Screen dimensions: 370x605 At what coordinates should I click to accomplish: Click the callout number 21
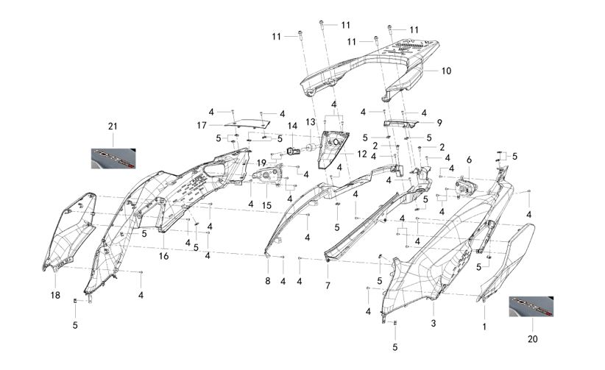(x=113, y=127)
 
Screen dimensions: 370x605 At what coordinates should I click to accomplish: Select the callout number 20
(x=532, y=339)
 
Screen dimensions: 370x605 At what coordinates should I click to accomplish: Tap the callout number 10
(x=447, y=71)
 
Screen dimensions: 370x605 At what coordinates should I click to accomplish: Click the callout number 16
(x=163, y=256)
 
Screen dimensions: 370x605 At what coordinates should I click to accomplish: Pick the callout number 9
(x=439, y=122)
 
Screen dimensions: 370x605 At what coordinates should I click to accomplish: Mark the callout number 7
(x=328, y=285)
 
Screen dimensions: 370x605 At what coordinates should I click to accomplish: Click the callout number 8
(x=268, y=281)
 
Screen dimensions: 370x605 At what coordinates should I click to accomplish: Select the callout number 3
(x=434, y=324)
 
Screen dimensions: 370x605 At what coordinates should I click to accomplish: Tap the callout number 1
(x=484, y=324)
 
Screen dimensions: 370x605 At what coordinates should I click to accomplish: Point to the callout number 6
(x=469, y=160)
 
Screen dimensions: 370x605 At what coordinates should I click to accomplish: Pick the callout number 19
(x=261, y=162)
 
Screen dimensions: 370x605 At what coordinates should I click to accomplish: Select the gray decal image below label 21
(x=113, y=157)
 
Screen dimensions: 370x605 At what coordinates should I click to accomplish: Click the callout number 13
(x=311, y=121)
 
